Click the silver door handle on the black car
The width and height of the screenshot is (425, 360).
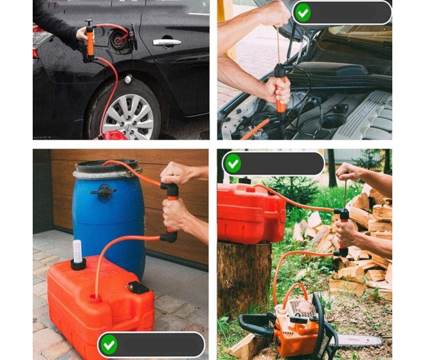click(167, 42)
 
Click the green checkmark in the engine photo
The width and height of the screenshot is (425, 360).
click(302, 12)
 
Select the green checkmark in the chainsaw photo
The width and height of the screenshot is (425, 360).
click(233, 163)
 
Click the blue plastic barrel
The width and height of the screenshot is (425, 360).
click(108, 209)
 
